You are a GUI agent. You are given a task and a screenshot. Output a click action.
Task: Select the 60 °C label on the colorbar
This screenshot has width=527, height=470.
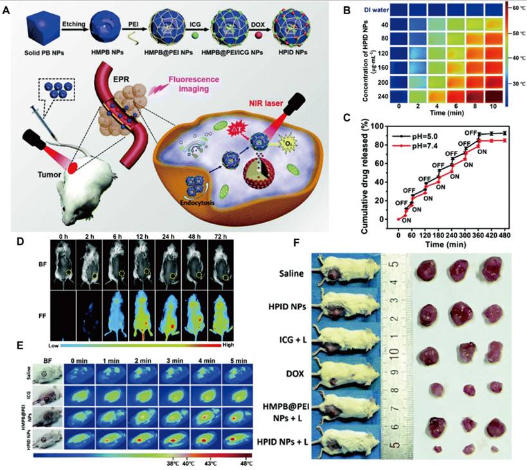pyautogui.click(x=513, y=7)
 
